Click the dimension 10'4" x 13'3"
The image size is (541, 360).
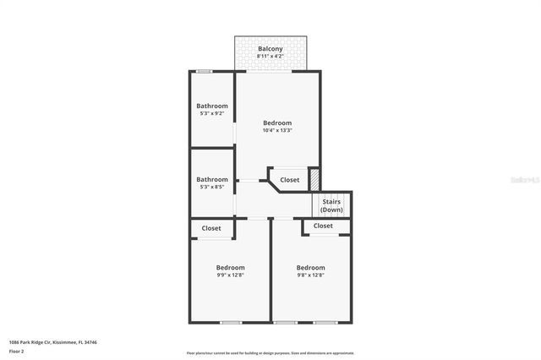pos(276,130)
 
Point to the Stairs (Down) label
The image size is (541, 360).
pos(331,205)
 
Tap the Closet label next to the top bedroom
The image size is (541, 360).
pos(289,180)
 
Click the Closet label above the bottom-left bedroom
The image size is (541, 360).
pos(211,228)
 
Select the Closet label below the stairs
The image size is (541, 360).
pos(323,226)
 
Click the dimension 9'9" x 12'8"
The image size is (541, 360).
pos(230,275)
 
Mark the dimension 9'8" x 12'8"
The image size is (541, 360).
pos(310,275)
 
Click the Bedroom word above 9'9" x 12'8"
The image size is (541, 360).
pos(230,267)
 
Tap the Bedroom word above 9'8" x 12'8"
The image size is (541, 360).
pos(310,267)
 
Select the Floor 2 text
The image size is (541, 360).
pos(17,350)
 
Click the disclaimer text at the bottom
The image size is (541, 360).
pos(270,353)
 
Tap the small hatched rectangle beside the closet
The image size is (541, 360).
pos(314,179)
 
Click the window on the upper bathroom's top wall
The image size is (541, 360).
pos(204,72)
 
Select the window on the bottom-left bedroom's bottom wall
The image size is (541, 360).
pos(230,322)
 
